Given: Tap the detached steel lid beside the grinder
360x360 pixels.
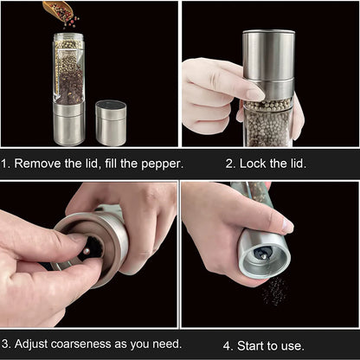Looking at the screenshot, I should click(x=111, y=122).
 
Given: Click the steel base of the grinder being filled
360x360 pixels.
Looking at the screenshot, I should click(x=68, y=124).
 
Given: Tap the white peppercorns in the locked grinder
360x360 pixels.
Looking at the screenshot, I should click(x=268, y=121).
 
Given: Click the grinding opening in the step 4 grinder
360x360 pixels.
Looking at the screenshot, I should click(x=262, y=254).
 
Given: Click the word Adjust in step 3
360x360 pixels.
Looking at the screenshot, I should click(x=35, y=344).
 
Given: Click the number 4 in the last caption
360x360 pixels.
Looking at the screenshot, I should click(x=228, y=344).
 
